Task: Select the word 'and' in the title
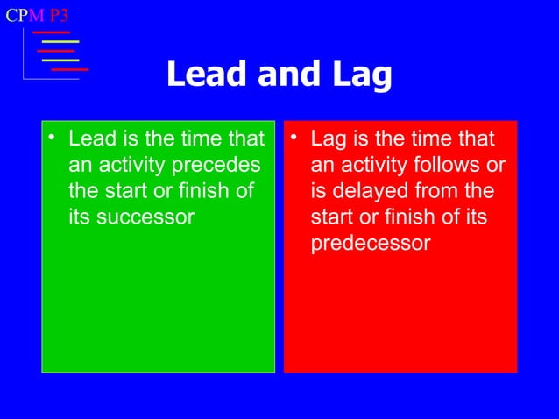pos(279,76)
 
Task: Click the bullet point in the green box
pos(53,138)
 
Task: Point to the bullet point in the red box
pos(295,138)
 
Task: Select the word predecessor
pos(371,244)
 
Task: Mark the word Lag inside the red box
pos(329,138)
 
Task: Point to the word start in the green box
pos(125,191)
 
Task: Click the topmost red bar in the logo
pos(51,32)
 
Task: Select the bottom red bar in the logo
pos(70,68)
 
